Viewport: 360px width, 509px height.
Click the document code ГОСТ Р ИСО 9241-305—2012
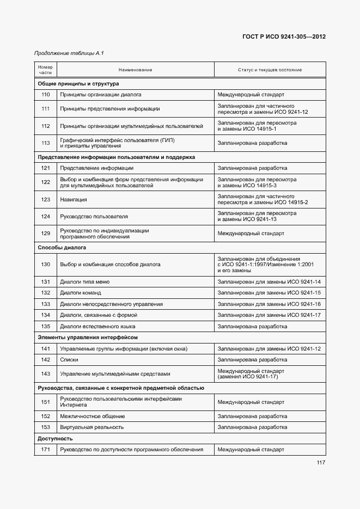pos(283,38)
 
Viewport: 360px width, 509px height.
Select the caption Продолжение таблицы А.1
pos(69,53)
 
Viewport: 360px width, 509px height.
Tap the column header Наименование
pos(135,70)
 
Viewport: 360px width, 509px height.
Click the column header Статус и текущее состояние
pos(270,70)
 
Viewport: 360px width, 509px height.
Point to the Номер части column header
pos(45,70)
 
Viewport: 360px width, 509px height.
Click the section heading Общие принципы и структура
pos(78,84)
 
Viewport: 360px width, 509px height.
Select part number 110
pos(45,94)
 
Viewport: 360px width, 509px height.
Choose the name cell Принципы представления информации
pos(109,108)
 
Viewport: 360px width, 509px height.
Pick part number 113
pos(45,143)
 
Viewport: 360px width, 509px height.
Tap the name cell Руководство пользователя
pos(94,216)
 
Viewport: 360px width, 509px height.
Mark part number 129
pos(45,234)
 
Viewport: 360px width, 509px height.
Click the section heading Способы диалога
pos(62,247)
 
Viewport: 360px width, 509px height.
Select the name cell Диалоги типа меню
pos(84,282)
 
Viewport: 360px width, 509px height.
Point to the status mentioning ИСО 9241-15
pos(269,293)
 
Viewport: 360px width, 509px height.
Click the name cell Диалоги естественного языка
pos(97,327)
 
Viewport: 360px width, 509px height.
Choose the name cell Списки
pos(69,360)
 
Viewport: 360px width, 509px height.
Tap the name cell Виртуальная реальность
pos(91,427)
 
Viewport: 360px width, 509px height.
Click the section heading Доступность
pos(55,438)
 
